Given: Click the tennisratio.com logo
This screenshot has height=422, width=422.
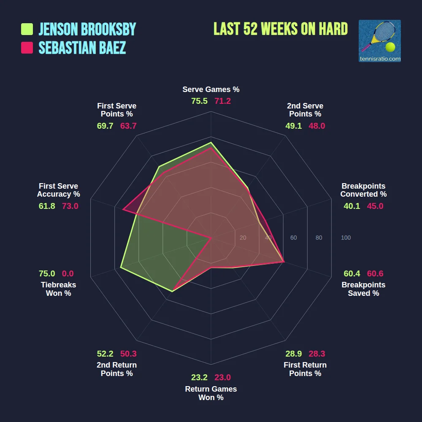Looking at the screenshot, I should click(379, 41).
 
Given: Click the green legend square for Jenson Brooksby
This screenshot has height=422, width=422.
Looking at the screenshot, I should click(27, 29).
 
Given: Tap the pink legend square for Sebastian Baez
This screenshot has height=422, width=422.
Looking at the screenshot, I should click(27, 48).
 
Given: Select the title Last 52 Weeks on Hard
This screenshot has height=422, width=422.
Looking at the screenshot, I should click(281, 29).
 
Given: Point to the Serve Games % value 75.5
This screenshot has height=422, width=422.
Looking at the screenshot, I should click(200, 101).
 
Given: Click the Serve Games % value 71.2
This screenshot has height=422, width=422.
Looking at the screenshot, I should click(222, 101).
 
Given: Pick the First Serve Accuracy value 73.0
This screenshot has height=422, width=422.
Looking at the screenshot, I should click(70, 206).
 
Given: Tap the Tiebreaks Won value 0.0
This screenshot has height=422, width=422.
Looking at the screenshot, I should click(68, 273).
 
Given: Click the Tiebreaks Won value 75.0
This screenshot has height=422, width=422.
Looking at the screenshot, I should click(47, 273).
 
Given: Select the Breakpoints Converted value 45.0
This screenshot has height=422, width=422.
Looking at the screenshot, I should click(375, 206).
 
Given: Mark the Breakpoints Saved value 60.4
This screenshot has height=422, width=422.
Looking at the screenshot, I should click(352, 273).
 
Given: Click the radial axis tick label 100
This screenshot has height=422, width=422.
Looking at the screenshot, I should click(346, 238).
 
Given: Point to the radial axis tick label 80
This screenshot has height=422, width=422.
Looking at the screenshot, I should click(319, 238).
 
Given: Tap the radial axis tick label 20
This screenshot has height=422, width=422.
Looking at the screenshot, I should click(243, 238).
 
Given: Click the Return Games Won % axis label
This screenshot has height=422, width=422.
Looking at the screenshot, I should click(211, 393).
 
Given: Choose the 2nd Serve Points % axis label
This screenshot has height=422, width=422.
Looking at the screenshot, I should click(305, 110).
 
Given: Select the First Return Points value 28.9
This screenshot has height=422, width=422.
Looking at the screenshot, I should click(293, 354).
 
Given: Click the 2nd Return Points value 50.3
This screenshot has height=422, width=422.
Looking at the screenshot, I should click(128, 354).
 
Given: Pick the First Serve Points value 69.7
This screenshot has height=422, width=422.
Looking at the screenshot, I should click(105, 126).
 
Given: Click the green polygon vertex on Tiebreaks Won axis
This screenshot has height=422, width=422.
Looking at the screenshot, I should click(121, 268).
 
